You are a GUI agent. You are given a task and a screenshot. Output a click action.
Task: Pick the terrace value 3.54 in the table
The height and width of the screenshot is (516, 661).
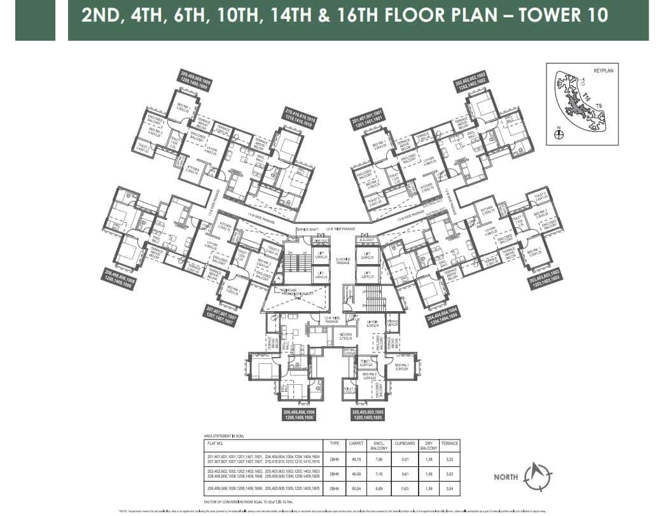[x=450, y=487]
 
